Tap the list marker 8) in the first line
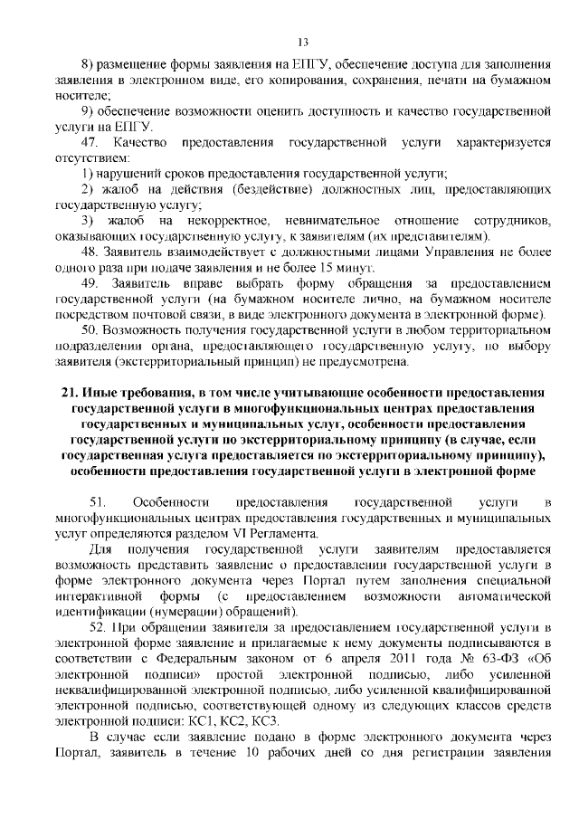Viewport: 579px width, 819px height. [89, 68]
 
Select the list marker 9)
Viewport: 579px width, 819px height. [89, 112]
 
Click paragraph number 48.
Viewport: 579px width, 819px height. [90, 252]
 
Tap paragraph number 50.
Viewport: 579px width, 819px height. [90, 331]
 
